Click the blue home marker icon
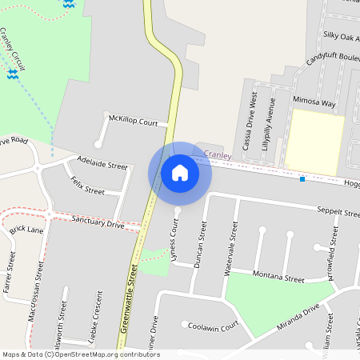(180, 173)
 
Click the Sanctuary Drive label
(98, 222)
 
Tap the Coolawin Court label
(214, 326)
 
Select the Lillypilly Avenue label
(270, 122)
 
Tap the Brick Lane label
(26, 230)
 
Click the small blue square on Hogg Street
(302, 178)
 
